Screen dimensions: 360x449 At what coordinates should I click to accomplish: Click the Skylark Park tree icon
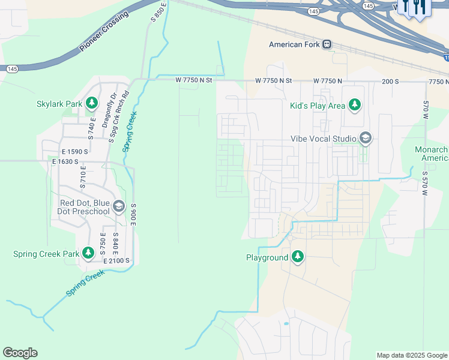pyautogui.click(x=92, y=104)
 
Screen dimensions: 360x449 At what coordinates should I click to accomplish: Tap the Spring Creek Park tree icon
pyautogui.click(x=88, y=253)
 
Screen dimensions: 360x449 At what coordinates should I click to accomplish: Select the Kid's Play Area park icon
pyautogui.click(x=354, y=106)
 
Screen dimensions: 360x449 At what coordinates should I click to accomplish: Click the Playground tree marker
pyautogui.click(x=298, y=257)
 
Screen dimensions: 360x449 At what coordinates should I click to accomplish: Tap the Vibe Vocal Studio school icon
pyautogui.click(x=364, y=139)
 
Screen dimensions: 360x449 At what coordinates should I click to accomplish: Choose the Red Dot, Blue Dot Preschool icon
pyautogui.click(x=119, y=207)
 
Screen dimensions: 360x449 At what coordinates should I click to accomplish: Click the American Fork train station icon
pyautogui.click(x=327, y=44)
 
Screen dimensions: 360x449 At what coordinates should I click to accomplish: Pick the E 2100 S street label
pyautogui.click(x=118, y=261)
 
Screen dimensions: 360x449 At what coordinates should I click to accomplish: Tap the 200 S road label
pyautogui.click(x=390, y=80)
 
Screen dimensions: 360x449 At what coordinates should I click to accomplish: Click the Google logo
pyautogui.click(x=20, y=353)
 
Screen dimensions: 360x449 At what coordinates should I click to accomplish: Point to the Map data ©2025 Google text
pyautogui.click(x=411, y=355)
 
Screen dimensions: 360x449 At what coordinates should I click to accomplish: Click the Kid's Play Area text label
pyautogui.click(x=318, y=106)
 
